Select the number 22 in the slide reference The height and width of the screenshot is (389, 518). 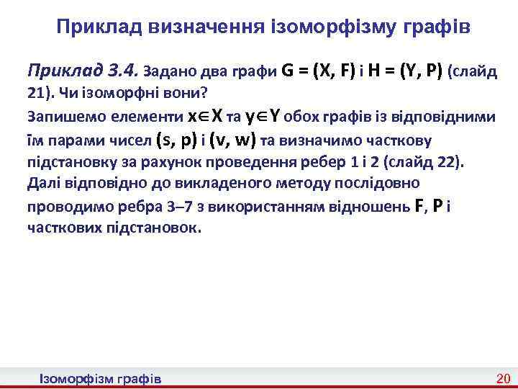(x=448, y=161)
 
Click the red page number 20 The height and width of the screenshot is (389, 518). (x=503, y=379)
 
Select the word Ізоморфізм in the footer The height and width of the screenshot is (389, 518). (x=76, y=379)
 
